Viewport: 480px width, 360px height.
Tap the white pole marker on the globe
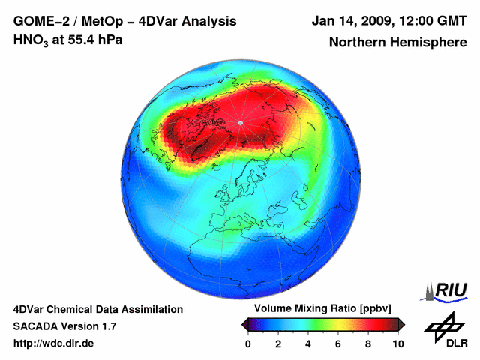(240, 122)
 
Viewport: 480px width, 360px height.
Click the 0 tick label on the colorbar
(248, 343)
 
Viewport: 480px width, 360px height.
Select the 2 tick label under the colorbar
(278, 343)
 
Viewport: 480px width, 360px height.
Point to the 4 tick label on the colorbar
(308, 343)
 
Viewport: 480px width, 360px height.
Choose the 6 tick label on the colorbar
(338, 343)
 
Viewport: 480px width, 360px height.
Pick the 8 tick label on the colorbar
(368, 343)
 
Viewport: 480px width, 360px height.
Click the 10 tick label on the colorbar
(397, 343)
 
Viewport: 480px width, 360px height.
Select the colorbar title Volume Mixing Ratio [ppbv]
(322, 308)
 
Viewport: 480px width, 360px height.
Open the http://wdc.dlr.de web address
(54, 343)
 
